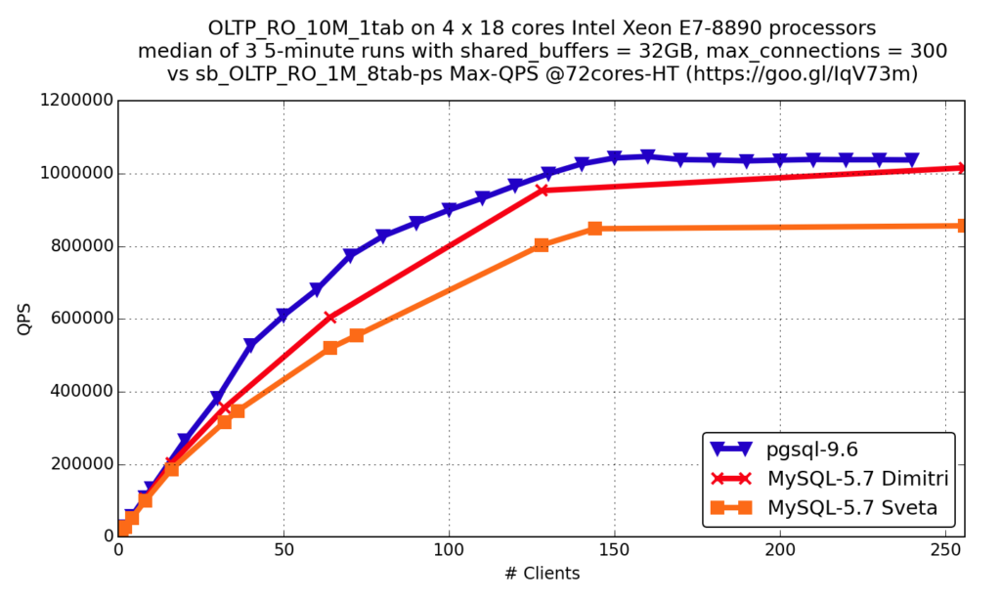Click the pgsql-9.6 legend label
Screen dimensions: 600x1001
pyautogui.click(x=812, y=450)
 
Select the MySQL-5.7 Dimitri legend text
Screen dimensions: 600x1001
pyautogui.click(x=857, y=479)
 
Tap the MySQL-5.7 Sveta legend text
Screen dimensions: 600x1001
pyautogui.click(x=851, y=508)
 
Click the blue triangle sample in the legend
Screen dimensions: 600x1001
pyautogui.click(x=731, y=450)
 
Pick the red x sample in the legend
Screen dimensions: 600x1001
pyautogui.click(x=731, y=479)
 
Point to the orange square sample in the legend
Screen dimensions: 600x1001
pyautogui.click(x=731, y=507)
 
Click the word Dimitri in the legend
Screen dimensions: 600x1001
pyautogui.click(x=914, y=479)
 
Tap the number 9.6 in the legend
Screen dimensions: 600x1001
pyautogui.click(x=842, y=450)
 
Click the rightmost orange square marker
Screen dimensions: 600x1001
pyautogui.click(x=961, y=226)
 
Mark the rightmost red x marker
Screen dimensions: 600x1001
pyautogui.click(x=961, y=168)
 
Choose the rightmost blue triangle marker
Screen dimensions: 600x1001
pyautogui.click(x=911, y=160)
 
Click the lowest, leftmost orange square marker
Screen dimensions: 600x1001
pyautogui.click(x=125, y=528)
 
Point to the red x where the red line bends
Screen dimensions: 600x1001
pyautogui.click(x=543, y=191)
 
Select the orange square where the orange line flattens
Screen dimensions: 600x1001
pyautogui.click(x=594, y=229)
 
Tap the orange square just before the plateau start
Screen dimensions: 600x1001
pyautogui.click(x=542, y=245)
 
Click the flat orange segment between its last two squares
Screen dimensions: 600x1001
pyautogui.click(x=777, y=228)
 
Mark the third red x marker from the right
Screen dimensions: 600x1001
pyautogui.click(x=329, y=319)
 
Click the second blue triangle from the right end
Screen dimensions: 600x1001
pyautogui.click(x=879, y=160)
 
